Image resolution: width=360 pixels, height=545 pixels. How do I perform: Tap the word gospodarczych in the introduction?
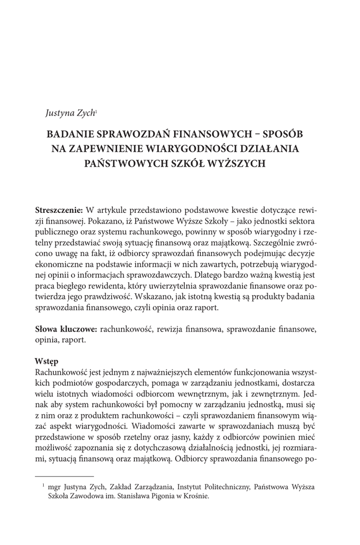pos(126,383)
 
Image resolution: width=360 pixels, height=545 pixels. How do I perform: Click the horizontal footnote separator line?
pos(64,476)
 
